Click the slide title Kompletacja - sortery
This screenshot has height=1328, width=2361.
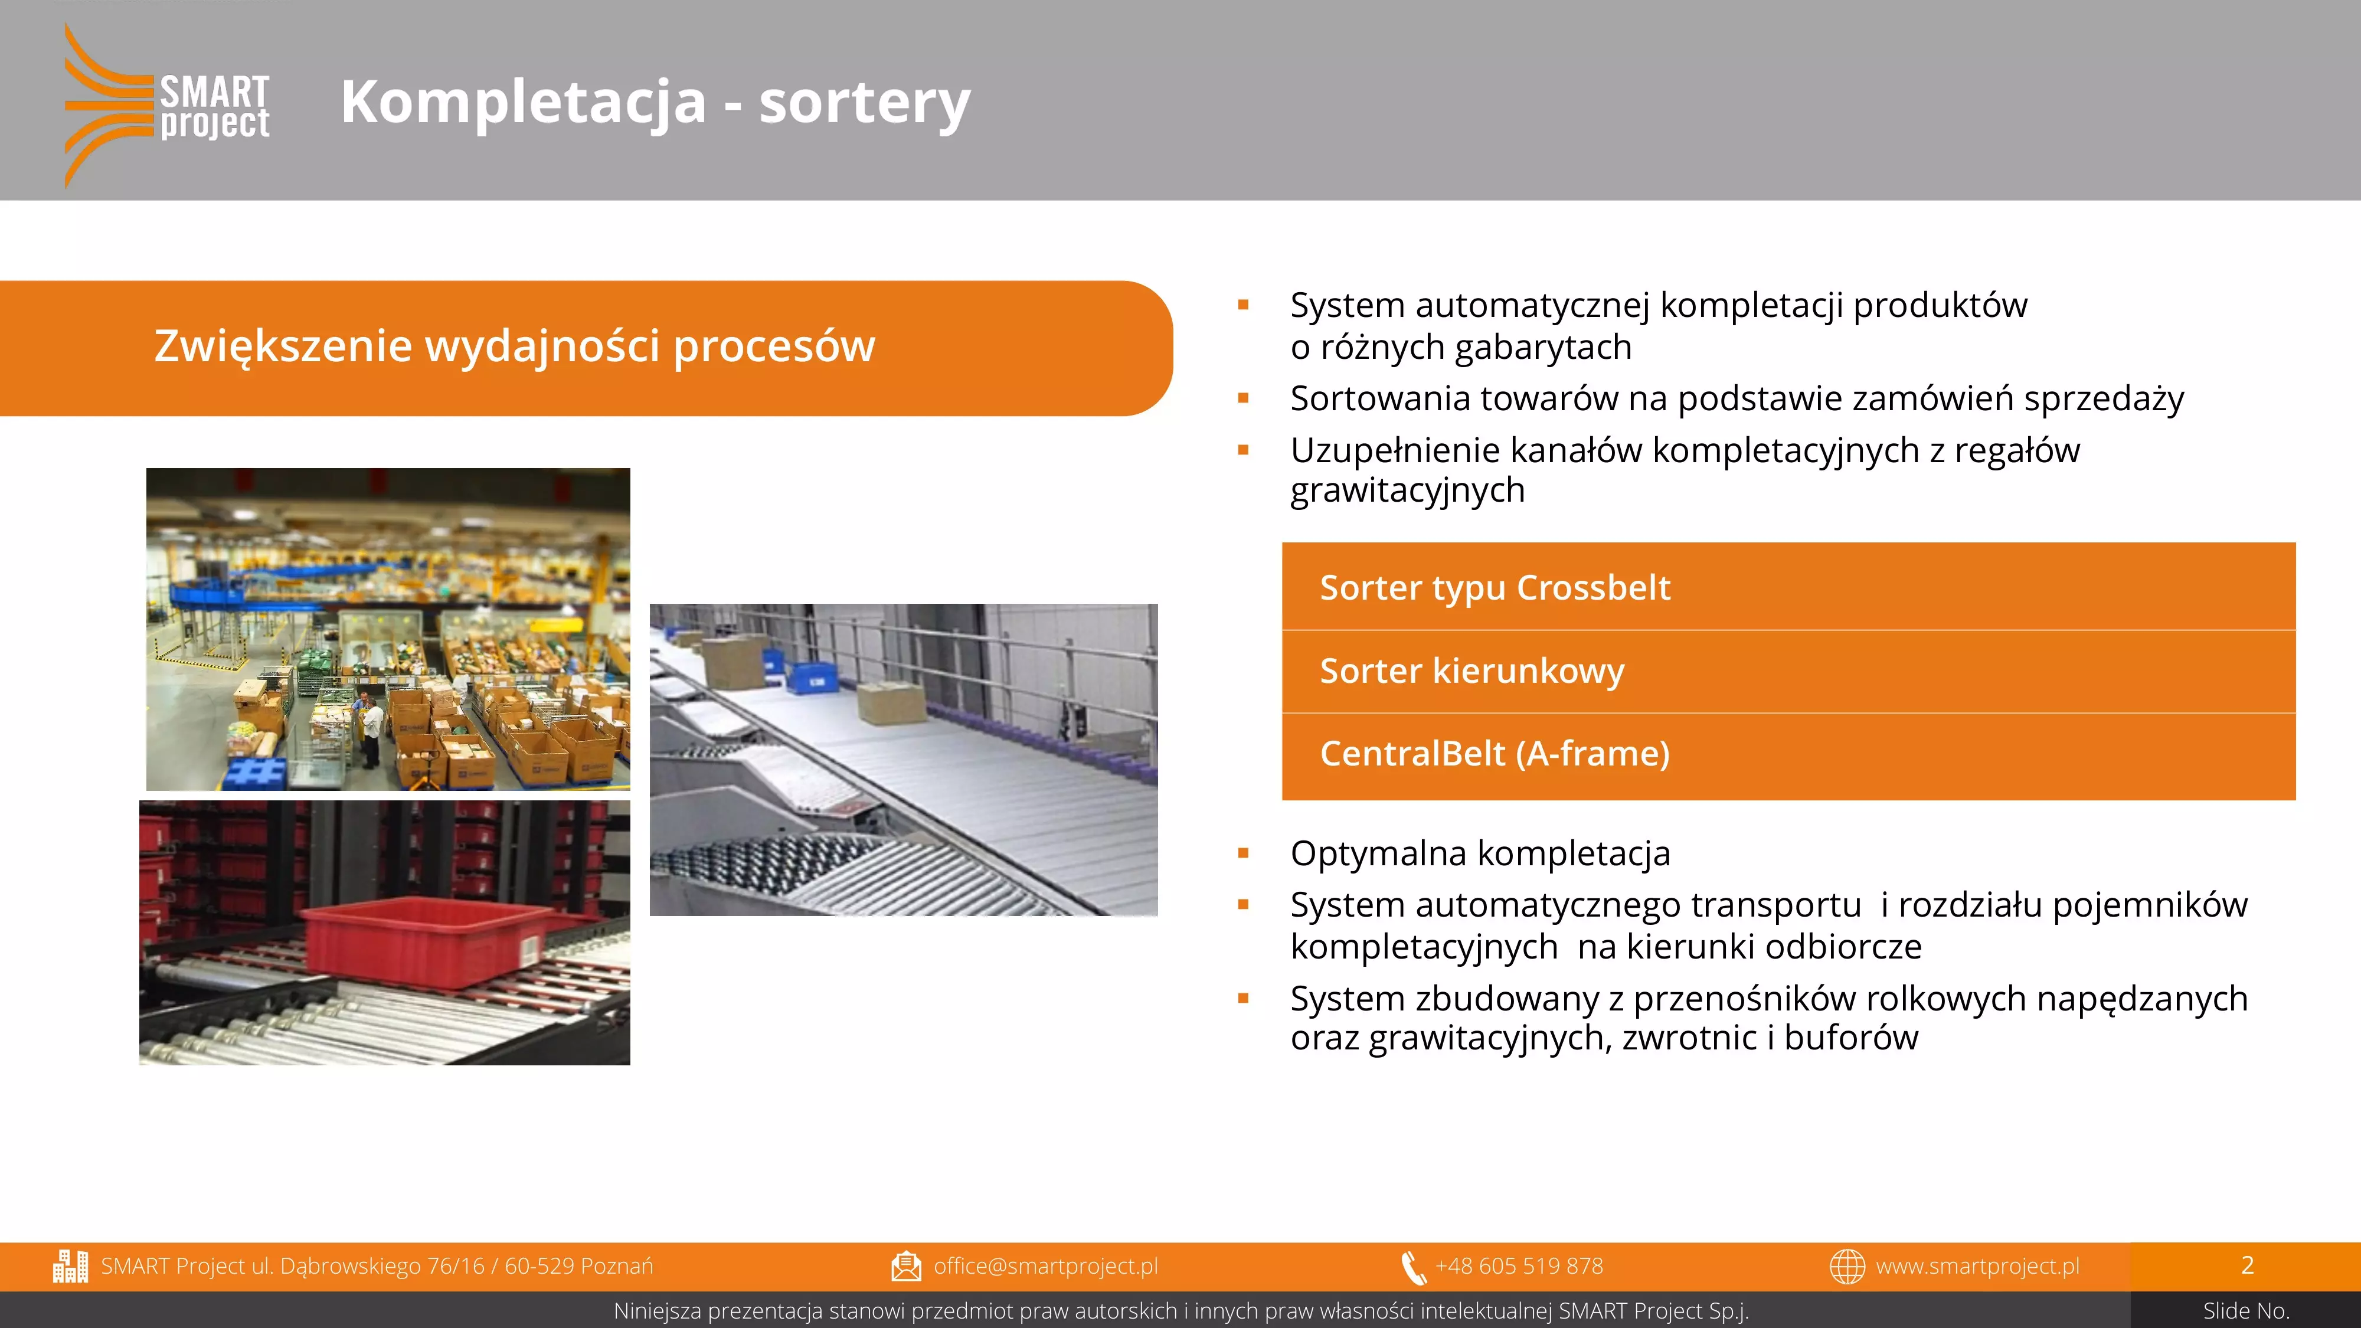tap(655, 101)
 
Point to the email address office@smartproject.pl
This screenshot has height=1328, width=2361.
tap(1046, 1265)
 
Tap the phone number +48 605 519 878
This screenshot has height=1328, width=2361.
tap(1519, 1265)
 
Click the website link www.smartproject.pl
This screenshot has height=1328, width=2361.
tap(1977, 1265)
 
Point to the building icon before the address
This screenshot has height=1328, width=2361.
tap(71, 1265)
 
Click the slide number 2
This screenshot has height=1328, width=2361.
tap(2247, 1265)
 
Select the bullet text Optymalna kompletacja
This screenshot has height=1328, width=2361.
tap(1480, 853)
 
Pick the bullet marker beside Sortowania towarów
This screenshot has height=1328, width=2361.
tap(1244, 398)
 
